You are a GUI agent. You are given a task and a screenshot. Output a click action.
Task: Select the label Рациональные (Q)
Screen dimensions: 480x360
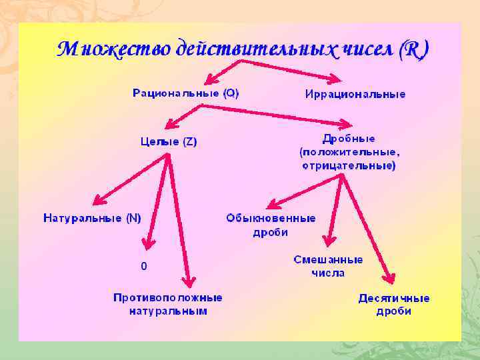pyautogui.click(x=185, y=94)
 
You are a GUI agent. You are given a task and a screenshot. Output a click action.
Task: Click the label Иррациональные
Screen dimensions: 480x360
pyautogui.click(x=355, y=94)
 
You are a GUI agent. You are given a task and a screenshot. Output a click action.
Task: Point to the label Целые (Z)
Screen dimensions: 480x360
pyautogui.click(x=169, y=141)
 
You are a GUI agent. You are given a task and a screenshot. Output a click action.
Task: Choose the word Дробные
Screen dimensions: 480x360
pyautogui.click(x=348, y=139)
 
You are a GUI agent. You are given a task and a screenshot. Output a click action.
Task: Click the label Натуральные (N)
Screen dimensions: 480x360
pyautogui.click(x=92, y=218)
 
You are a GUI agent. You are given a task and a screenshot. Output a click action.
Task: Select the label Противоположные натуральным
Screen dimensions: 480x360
pyautogui.click(x=168, y=304)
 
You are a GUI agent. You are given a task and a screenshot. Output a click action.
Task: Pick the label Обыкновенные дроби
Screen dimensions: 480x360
pyautogui.click(x=271, y=225)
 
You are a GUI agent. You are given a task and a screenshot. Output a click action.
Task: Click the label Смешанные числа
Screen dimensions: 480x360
pyautogui.click(x=328, y=266)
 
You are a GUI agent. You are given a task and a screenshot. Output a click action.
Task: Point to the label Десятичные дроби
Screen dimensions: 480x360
pyautogui.click(x=393, y=305)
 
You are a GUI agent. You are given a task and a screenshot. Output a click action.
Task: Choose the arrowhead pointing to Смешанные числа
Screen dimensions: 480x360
pyautogui.click(x=328, y=241)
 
